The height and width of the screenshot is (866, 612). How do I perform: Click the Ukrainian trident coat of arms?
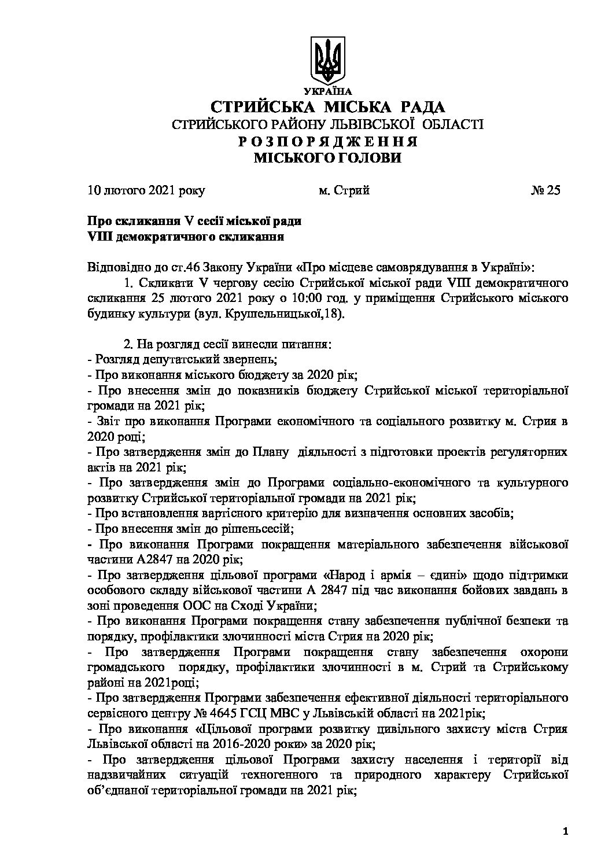point(327,60)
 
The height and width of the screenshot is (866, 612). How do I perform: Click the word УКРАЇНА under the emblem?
point(327,91)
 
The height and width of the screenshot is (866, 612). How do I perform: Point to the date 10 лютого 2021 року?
point(146,190)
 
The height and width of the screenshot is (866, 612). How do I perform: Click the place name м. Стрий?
point(344,190)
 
